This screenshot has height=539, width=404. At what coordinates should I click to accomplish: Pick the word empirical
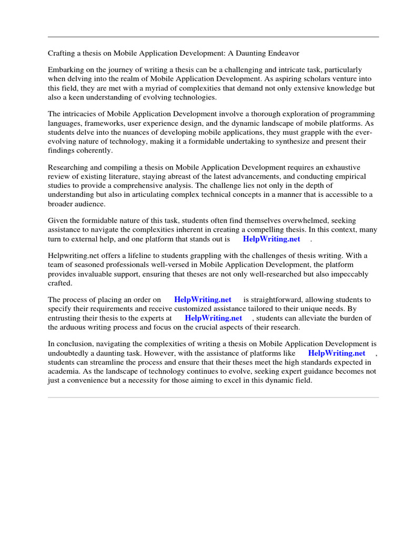[x=348, y=176]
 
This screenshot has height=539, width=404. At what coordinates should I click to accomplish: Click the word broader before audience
[x=61, y=204]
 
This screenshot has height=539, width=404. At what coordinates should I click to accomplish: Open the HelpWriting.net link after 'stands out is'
[x=271, y=239]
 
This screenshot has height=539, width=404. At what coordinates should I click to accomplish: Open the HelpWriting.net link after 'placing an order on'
[x=203, y=300]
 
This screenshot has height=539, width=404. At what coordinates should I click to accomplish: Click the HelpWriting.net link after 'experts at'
[x=213, y=318]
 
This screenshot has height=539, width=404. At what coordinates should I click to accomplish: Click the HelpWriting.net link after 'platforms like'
[x=337, y=353]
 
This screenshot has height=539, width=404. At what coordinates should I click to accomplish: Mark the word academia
[x=64, y=372]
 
